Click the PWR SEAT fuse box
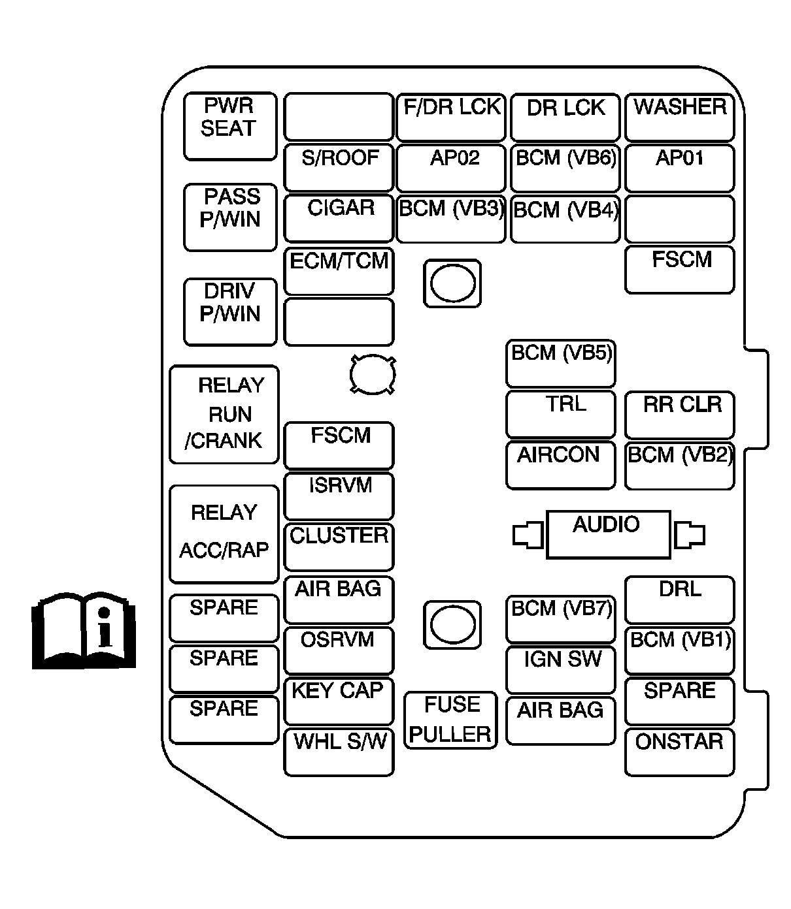pos(229,126)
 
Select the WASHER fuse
pos(679,118)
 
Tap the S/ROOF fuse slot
pos(339,168)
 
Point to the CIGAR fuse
pos(339,218)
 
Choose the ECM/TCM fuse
pos(339,270)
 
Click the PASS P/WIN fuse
pos(229,217)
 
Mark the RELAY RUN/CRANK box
pos(224,415)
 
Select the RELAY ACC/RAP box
pos(224,534)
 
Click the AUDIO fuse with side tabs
pos(608,534)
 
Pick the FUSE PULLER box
pos(450,720)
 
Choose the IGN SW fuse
pos(561,669)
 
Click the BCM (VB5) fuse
pos(561,363)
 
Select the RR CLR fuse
pos(679,415)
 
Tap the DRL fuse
pos(679,599)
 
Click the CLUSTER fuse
pos(339,547)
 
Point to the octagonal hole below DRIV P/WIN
pos(373,375)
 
